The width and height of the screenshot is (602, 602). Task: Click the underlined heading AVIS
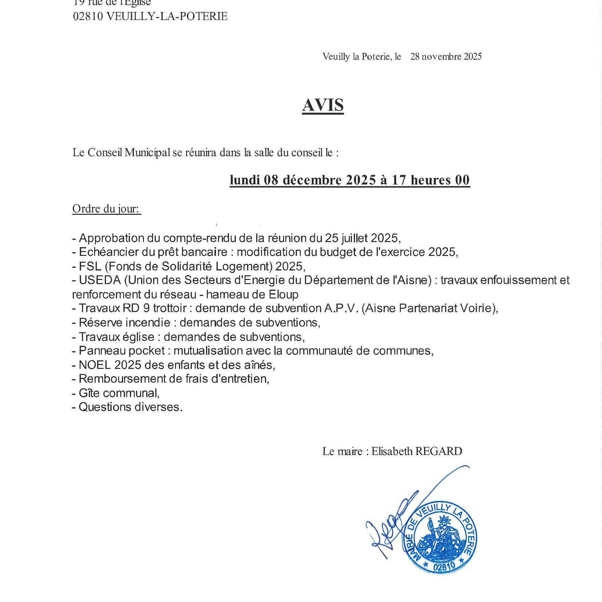(323, 105)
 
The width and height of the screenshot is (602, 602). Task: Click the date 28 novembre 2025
(446, 56)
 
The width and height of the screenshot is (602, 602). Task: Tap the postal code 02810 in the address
(88, 16)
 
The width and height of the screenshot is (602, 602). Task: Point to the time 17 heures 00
(431, 180)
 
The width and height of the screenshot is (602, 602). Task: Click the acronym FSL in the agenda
(90, 266)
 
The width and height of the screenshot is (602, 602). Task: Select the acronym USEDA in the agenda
(100, 280)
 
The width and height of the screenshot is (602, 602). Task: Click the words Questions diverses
(130, 407)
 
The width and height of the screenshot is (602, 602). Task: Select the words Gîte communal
(119, 393)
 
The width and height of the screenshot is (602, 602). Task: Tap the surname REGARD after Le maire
(439, 451)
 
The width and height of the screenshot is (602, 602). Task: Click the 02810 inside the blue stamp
(444, 566)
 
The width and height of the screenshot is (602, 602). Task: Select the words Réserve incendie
(124, 322)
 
